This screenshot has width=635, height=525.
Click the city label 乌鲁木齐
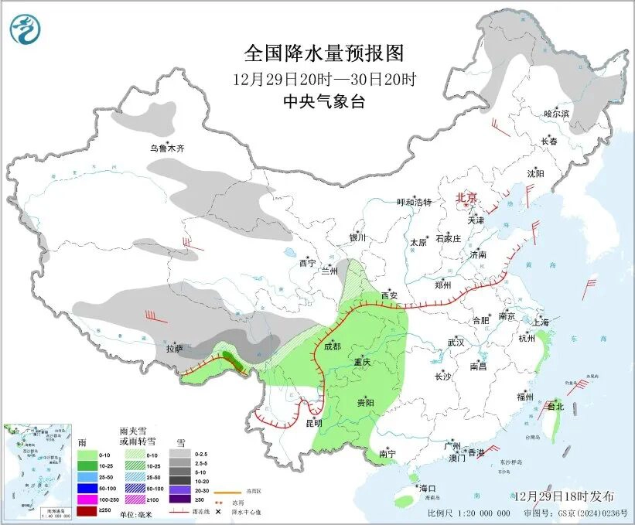pos(169,148)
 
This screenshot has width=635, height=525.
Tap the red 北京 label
pos(467,197)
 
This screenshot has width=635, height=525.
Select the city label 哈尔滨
pos(555,114)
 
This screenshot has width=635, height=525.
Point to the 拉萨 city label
pos(175,348)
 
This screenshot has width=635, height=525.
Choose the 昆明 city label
pos(313,423)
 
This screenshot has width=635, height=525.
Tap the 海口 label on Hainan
pos(428,488)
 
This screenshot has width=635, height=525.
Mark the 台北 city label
pos(555,406)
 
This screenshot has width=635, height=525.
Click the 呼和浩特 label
pos(414,203)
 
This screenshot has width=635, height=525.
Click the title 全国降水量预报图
pos(324,53)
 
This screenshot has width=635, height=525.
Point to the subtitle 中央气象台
pos(323,101)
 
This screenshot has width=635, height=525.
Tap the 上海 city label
pos(541,321)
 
